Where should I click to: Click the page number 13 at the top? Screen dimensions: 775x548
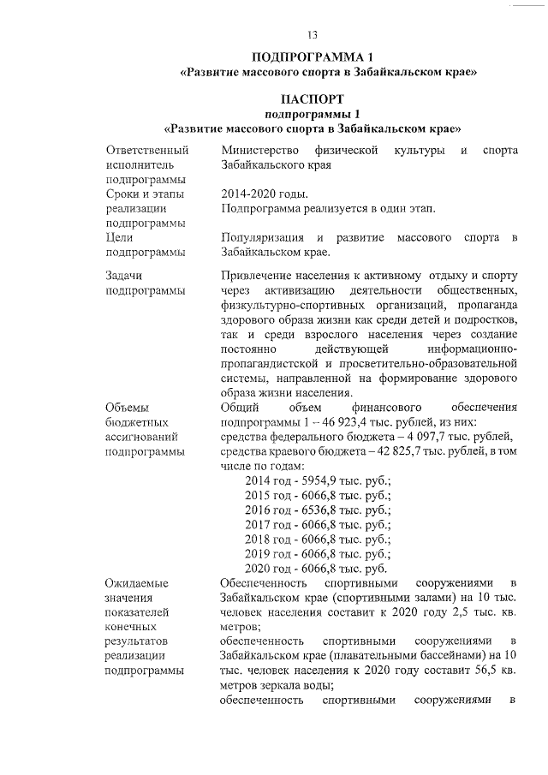(x=312, y=35)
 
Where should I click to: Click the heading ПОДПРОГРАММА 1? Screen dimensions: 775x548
(x=312, y=57)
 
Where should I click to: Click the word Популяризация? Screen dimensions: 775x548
(x=261, y=237)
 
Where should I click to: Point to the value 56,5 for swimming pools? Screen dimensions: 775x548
(x=472, y=671)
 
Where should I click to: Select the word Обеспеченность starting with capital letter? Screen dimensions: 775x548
(x=262, y=583)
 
